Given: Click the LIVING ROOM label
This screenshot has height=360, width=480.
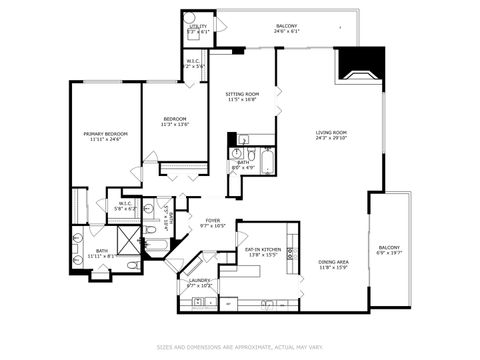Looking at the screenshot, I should coord(331,132).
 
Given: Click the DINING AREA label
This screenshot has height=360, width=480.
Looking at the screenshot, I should coord(333,262).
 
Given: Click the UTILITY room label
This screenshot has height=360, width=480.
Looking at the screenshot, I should coord(198,26).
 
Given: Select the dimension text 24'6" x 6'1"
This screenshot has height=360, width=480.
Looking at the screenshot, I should coord(287,31).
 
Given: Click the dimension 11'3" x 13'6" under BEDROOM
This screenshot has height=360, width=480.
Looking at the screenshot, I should coord(175,125).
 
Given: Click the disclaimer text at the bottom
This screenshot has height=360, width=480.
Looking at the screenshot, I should coord(240,347).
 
